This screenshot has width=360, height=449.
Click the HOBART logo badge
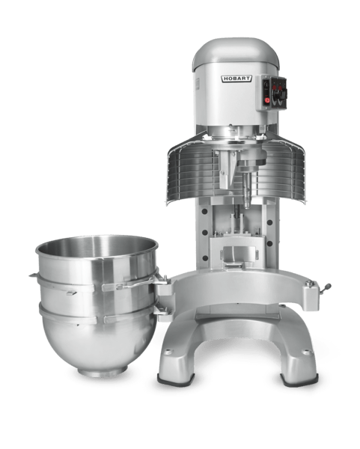(x=237, y=79)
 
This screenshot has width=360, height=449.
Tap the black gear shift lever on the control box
(x=278, y=95)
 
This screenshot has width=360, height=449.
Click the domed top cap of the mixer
(x=236, y=54)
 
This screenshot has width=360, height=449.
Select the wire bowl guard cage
(x=236, y=169)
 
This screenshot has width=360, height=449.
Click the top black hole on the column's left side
(x=204, y=211)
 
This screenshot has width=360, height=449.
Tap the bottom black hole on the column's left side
(x=205, y=258)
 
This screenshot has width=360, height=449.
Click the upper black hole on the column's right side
(x=269, y=222)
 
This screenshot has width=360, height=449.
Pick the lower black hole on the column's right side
(x=269, y=244)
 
